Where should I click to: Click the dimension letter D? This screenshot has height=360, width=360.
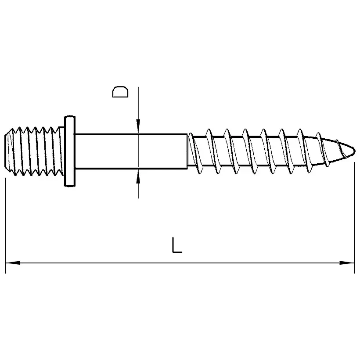(120, 92)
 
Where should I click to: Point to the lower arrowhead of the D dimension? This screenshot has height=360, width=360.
(138, 177)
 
